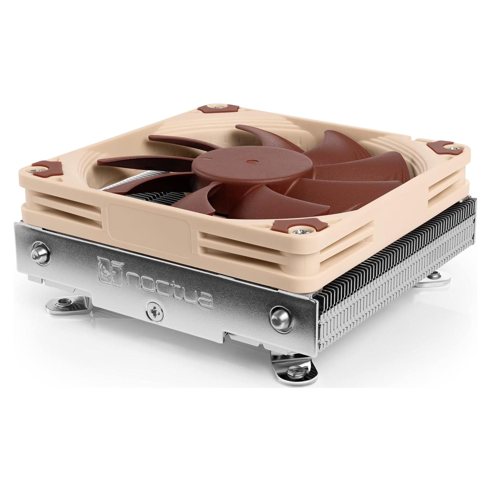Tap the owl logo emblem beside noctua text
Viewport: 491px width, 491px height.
(x=107, y=267)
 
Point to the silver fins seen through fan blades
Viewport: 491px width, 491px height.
(x=149, y=198)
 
